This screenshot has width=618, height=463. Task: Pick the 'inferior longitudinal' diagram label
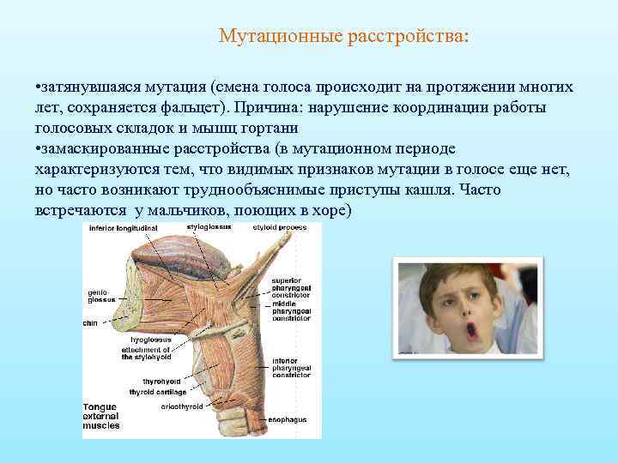click(x=125, y=228)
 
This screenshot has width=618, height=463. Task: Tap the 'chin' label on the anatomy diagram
click(x=90, y=322)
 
